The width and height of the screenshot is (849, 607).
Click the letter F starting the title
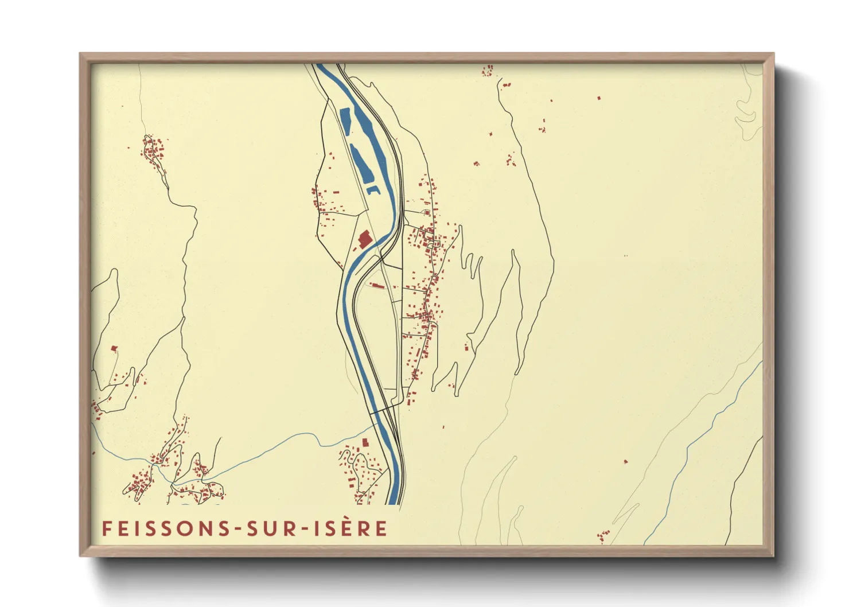pyautogui.click(x=106, y=528)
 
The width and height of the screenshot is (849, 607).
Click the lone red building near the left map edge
pyautogui.click(x=114, y=348)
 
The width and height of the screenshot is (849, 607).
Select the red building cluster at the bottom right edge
pyautogui.click(x=602, y=536)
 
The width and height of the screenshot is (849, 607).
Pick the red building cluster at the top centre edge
pyautogui.click(x=488, y=71)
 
